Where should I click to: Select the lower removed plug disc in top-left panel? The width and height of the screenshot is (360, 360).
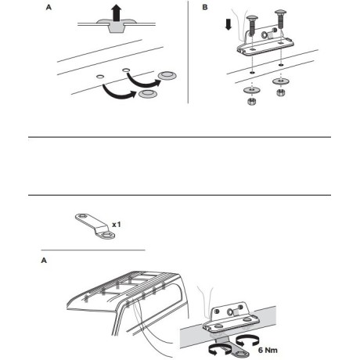tap(146, 96)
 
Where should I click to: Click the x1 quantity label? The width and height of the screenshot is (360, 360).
tap(116, 225)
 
